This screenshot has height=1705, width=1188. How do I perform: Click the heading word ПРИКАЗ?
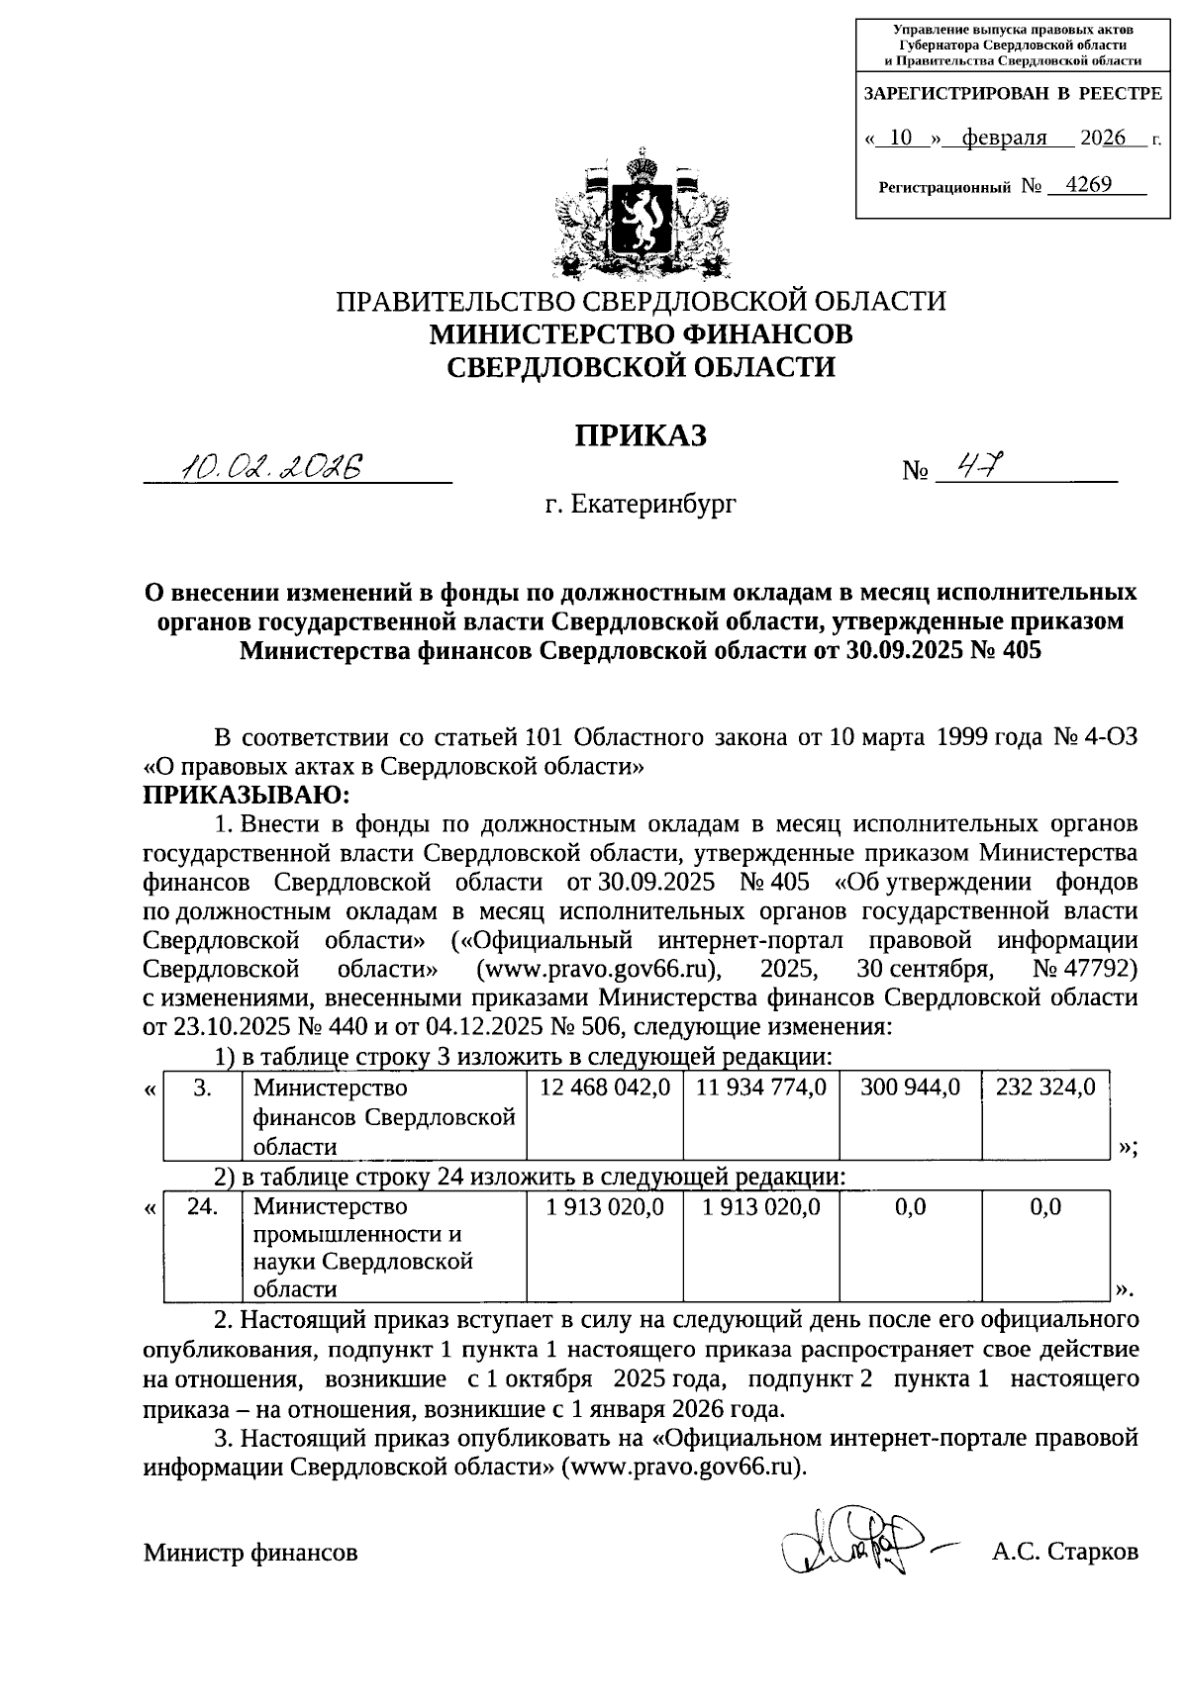pos(642,435)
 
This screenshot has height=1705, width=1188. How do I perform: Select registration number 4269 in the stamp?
pos(1084,184)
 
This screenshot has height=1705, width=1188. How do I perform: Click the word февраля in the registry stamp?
pos(997,138)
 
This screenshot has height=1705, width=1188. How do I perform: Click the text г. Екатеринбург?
pos(641,505)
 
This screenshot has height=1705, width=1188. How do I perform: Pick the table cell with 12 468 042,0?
pos(604,1088)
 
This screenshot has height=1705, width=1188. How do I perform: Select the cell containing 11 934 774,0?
pos(760,1088)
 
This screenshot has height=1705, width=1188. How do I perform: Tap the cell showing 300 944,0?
pos(910,1088)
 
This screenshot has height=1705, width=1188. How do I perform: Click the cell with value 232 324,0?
pos(1045,1088)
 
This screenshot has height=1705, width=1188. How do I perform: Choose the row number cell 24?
pos(202,1207)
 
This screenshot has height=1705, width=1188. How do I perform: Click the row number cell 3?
pos(202,1088)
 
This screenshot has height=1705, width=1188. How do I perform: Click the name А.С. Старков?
pos(1064,1553)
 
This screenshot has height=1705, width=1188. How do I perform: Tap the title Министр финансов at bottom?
pos(250,1553)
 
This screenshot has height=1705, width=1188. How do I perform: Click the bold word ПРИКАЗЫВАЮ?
pos(247,795)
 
